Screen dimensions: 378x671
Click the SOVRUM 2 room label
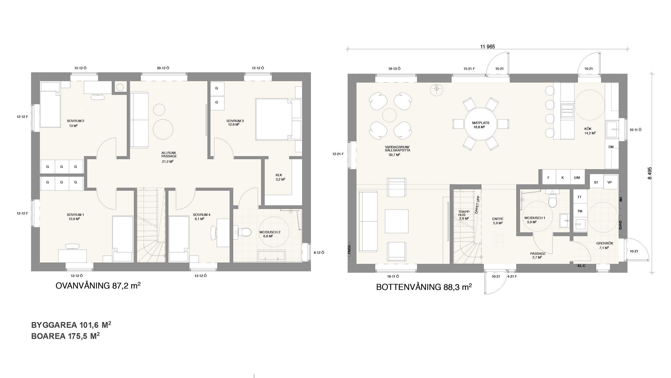point(75,121)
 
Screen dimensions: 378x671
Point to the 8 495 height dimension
point(649,173)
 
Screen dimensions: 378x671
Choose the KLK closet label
point(279,175)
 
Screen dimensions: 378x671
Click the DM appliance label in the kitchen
point(611,147)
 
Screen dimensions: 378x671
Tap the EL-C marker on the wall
point(581,266)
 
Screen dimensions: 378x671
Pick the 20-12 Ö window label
point(163,68)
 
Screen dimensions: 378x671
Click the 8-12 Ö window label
point(319,253)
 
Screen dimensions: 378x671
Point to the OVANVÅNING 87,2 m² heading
point(98,286)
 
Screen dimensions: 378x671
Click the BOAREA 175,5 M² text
point(65,336)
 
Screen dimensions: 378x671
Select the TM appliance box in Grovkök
point(580,211)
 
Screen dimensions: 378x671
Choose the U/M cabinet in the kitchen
point(577,178)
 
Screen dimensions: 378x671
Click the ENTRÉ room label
point(498,219)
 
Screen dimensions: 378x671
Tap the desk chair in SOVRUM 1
point(72,246)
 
